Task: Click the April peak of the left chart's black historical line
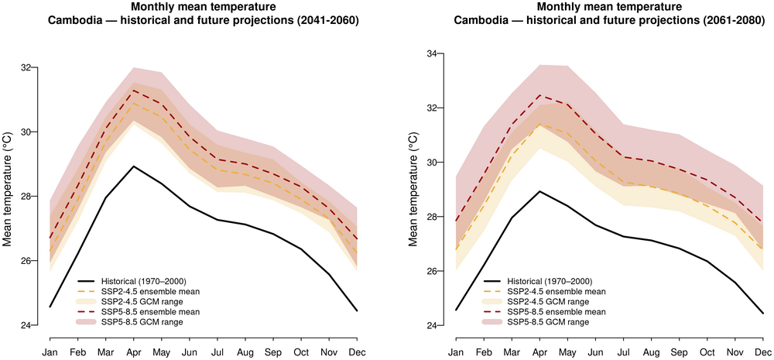point(134,166)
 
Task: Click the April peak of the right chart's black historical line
point(539,191)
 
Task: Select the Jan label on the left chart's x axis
point(50,351)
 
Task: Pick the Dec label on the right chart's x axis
point(762,351)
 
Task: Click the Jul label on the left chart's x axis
point(217,351)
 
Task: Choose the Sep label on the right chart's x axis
point(678,351)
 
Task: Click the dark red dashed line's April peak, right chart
point(539,96)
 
